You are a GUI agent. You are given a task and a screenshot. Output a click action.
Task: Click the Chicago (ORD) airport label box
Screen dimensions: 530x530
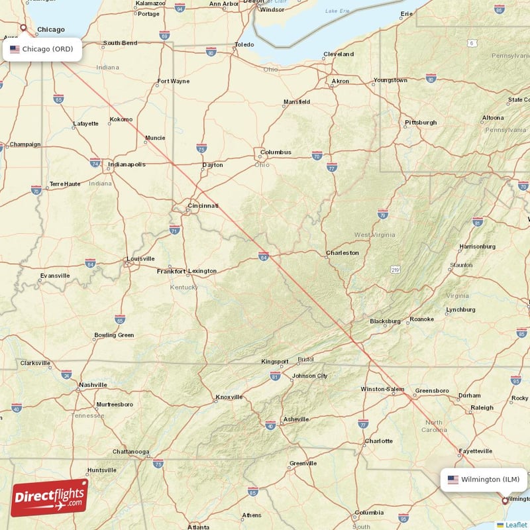click(42, 49)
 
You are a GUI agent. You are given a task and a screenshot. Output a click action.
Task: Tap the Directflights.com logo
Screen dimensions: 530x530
click(50, 498)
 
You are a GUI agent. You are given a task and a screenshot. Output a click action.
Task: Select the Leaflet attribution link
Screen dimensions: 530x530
click(515, 525)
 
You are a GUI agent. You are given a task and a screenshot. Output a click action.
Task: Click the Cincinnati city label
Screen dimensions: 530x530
click(203, 206)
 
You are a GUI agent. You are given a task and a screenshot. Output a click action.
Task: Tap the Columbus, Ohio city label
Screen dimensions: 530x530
click(276, 152)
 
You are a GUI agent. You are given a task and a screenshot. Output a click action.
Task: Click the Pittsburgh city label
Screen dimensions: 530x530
click(421, 123)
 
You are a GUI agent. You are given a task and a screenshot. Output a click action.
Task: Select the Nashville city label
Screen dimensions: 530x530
click(93, 384)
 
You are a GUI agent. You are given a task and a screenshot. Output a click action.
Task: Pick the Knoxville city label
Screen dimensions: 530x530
click(229, 397)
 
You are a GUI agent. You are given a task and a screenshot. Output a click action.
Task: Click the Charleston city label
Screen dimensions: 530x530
click(343, 252)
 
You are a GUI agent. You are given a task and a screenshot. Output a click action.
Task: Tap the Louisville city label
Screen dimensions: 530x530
click(140, 258)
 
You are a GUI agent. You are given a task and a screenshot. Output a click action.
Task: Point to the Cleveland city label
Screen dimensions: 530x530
click(339, 54)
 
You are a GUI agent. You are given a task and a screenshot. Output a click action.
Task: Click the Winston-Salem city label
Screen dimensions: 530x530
click(382, 389)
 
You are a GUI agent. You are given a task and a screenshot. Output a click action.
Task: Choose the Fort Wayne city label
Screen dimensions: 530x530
click(173, 81)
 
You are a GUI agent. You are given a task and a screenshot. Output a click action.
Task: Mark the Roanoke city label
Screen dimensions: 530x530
click(421, 319)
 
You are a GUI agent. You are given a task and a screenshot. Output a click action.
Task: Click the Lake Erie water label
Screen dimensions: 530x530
click(337, 11)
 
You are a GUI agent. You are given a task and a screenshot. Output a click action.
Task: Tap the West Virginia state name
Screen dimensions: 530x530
click(374, 235)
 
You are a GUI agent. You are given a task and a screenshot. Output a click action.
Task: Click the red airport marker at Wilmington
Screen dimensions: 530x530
click(505, 502)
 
